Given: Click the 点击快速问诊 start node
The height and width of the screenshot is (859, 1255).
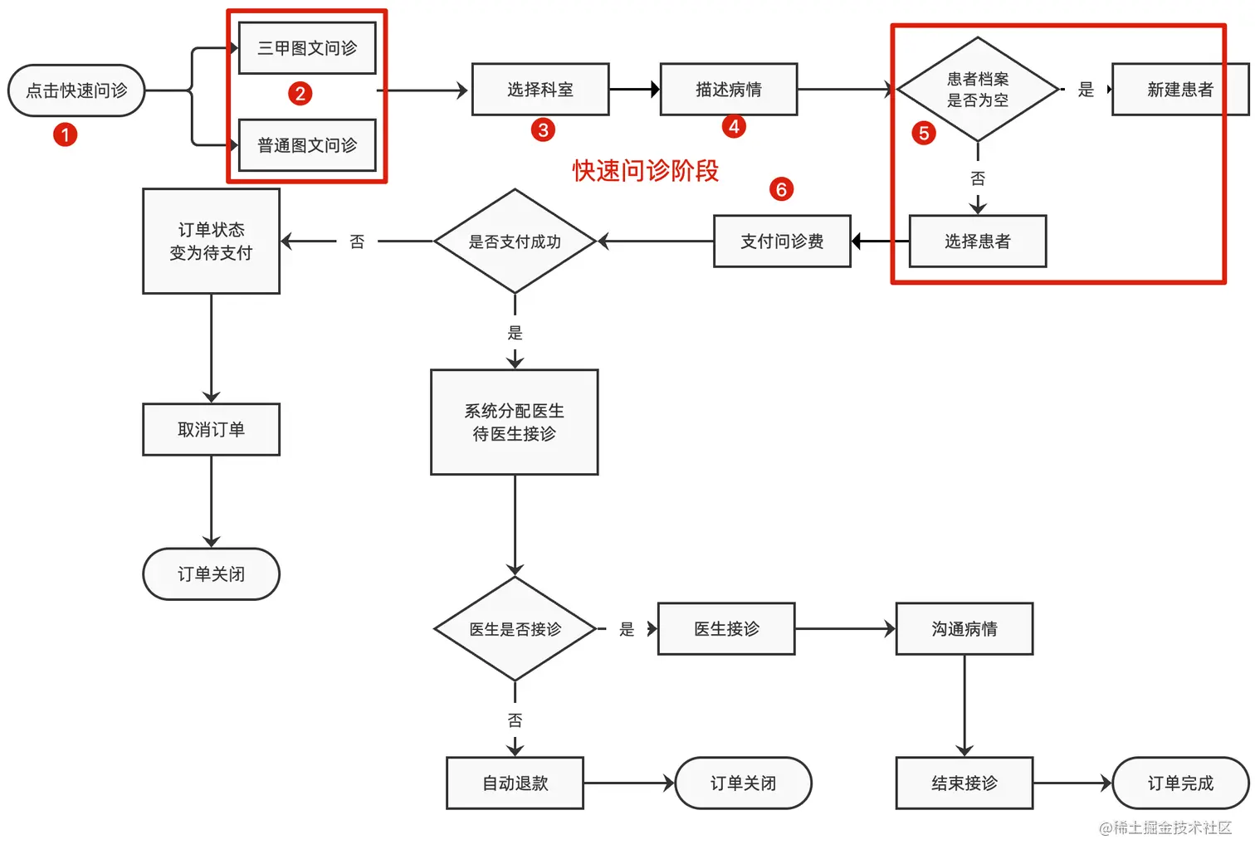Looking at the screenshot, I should (x=76, y=90).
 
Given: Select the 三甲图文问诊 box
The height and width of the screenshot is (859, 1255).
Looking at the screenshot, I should (x=307, y=48).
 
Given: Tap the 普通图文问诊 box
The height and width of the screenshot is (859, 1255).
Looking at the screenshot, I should (x=307, y=145).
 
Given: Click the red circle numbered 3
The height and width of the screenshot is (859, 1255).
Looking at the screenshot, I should (x=543, y=129).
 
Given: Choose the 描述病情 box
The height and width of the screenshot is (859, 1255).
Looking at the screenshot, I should (x=728, y=89).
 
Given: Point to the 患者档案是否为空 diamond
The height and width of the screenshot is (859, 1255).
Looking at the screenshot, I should (x=978, y=90).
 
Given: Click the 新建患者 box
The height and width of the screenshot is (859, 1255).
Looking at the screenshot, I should (x=1179, y=89).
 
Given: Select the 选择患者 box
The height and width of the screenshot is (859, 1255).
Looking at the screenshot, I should (x=977, y=242).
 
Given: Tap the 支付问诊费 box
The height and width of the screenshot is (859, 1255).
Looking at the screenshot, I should (x=782, y=242).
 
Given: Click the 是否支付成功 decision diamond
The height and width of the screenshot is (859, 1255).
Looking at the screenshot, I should (x=515, y=242).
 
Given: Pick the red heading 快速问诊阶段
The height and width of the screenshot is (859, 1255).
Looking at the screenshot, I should (x=645, y=171).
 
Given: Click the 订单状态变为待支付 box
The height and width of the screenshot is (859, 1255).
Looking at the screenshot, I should (x=211, y=242).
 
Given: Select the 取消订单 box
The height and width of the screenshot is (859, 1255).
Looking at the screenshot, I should (x=211, y=429).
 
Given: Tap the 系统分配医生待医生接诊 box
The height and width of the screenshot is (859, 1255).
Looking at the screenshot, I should (x=514, y=422).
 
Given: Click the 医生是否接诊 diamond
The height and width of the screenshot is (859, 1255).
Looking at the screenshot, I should (x=515, y=629).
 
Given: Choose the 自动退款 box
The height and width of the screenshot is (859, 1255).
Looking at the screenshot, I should (x=515, y=783).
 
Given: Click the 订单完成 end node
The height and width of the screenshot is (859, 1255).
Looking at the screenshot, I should (x=1179, y=783).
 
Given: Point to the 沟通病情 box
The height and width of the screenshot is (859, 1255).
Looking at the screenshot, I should (x=964, y=629).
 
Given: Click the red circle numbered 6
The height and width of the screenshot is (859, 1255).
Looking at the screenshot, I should (x=781, y=189).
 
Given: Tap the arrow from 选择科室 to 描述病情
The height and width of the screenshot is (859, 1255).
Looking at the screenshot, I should (x=634, y=89).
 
